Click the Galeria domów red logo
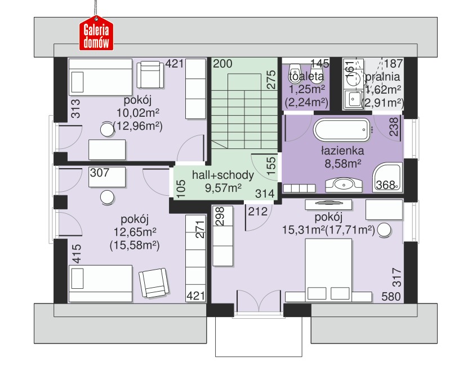pyautogui.click(x=96, y=34)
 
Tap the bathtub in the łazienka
pyautogui.click(x=342, y=130)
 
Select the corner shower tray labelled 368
pyautogui.click(x=388, y=177)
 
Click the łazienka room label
pyautogui.click(x=342, y=151)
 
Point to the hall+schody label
pyautogui.click(x=222, y=175)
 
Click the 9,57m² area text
pyautogui.click(x=223, y=188)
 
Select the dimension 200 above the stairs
pyautogui.click(x=222, y=64)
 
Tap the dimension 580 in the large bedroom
pyautogui.click(x=391, y=297)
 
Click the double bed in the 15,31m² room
pyautogui.click(x=329, y=270)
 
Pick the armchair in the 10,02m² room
pyautogui.click(x=150, y=74)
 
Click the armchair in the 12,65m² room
pyautogui.click(x=154, y=283)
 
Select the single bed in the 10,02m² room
pyautogui.click(x=101, y=77)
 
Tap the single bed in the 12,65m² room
pyautogui.click(x=101, y=284)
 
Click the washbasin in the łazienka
pyautogui.click(x=344, y=184)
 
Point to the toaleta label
pyautogui.click(x=306, y=77)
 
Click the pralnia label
pyautogui.click(x=383, y=77)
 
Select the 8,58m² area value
pyautogui.click(x=343, y=164)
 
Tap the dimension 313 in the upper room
pyautogui.click(x=75, y=109)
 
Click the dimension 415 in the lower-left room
pyautogui.click(x=77, y=253)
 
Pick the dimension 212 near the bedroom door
pyautogui.click(x=257, y=212)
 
